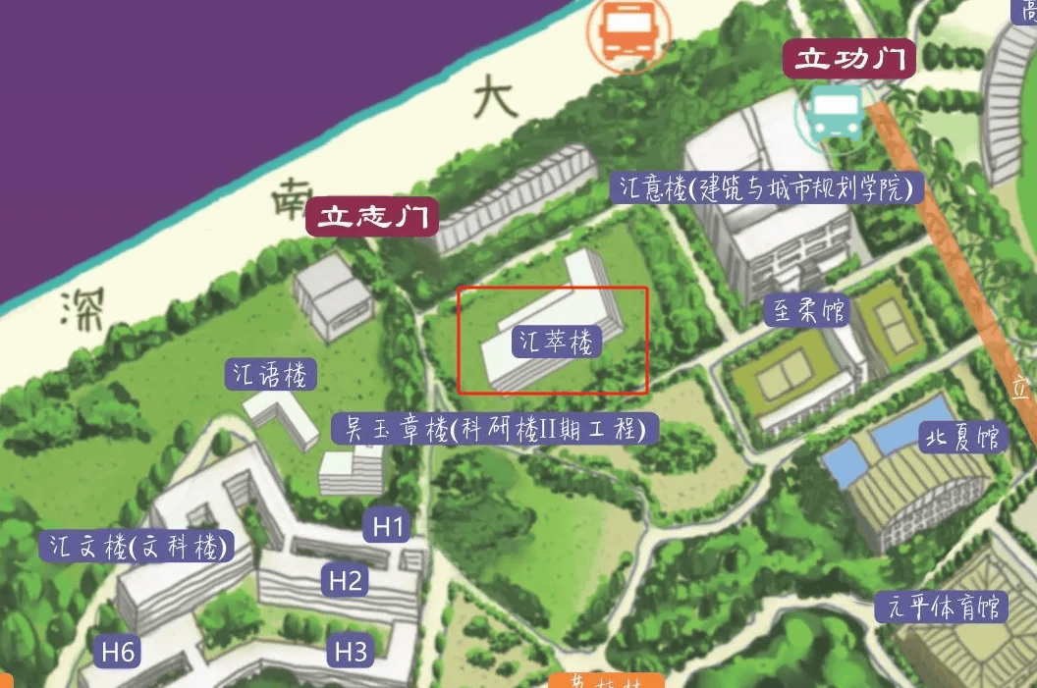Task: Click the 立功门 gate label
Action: coord(849,60)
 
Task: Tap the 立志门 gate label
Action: coord(372,217)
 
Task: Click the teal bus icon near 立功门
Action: coord(837,111)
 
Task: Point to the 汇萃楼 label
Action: coord(557,342)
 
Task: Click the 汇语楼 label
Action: coord(271,374)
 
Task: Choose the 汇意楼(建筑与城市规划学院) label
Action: coord(767,187)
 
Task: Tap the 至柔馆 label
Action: coord(805,312)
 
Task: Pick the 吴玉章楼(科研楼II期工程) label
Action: coord(494,429)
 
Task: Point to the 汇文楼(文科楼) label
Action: coord(136,547)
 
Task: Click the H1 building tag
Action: coord(389,527)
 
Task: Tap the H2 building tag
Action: coord(346,581)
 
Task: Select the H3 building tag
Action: coord(351,651)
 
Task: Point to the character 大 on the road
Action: coord(494,98)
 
